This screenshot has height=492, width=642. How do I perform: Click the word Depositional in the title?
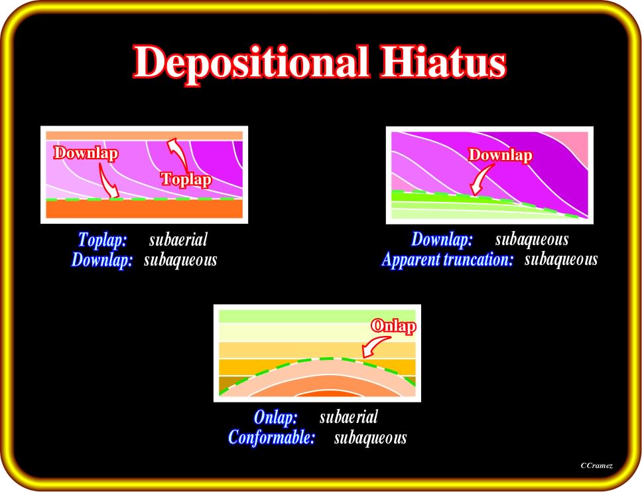[251, 63]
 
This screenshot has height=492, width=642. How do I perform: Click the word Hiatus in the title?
[444, 62]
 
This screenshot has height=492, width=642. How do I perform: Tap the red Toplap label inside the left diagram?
[186, 179]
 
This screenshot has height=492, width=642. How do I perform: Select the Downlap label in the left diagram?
[86, 153]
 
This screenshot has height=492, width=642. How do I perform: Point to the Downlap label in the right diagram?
[500, 155]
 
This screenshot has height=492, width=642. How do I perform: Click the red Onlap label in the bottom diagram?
[393, 326]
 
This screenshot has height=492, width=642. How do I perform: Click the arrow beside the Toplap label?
[178, 154]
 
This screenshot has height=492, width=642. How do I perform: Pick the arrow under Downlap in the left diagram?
[109, 181]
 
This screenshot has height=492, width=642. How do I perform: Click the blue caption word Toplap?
[102, 240]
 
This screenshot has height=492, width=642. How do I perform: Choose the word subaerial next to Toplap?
[178, 240]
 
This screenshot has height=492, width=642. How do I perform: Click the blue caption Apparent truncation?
[447, 260]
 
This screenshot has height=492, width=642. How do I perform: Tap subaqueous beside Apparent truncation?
[561, 260]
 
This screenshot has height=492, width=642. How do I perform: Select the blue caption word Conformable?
[271, 438]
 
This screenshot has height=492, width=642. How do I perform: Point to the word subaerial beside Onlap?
[348, 418]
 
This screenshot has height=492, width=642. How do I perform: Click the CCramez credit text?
[596, 465]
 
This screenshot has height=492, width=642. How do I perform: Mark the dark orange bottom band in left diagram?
[144, 209]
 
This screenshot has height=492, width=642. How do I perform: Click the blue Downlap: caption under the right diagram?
[442, 240]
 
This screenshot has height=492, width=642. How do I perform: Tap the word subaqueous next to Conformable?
[371, 438]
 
